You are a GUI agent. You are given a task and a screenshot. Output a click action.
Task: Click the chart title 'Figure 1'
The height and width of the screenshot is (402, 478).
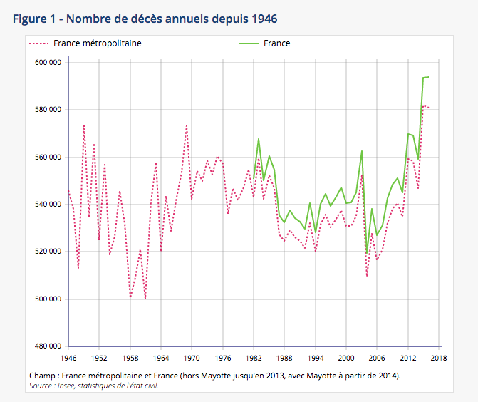[36, 17]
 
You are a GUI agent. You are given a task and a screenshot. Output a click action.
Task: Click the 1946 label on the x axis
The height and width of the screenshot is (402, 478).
[68, 358]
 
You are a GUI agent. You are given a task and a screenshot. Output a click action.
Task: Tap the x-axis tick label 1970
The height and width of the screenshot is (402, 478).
[192, 358]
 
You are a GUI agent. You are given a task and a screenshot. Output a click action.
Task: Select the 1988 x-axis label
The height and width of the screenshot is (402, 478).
[284, 358]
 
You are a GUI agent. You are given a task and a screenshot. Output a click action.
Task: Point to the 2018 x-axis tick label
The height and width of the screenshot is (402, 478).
[439, 358]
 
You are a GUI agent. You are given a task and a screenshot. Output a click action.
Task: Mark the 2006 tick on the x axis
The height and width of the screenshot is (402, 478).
[377, 358]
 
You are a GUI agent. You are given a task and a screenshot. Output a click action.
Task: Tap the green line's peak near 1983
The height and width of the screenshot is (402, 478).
[259, 138]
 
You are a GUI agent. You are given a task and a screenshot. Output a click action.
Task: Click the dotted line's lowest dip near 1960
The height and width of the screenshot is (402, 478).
[145, 299]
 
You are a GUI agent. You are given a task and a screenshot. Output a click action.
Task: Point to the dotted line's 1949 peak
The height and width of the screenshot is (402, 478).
[84, 125]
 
